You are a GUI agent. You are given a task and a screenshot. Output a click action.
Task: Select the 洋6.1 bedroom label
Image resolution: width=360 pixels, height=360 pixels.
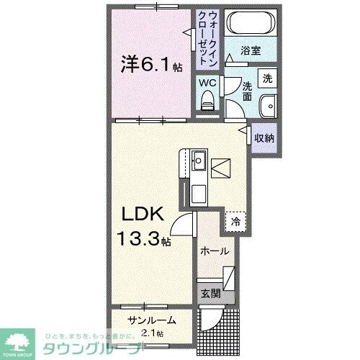(x=150, y=64)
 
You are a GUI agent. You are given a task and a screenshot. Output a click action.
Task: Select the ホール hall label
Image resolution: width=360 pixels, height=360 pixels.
(x=215, y=251)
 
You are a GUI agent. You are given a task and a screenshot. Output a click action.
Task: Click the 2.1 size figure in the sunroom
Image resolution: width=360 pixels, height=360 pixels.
(x=151, y=333)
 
